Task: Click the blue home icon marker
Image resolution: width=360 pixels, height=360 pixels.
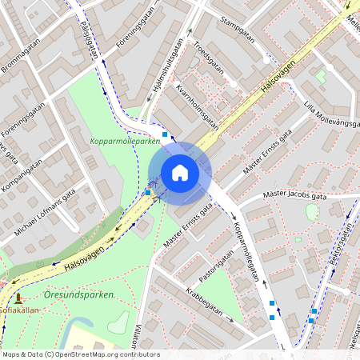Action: tap(180, 172)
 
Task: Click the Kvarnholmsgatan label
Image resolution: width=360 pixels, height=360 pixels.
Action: tap(197, 108)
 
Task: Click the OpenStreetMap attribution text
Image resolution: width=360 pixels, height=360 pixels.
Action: tap(81, 354)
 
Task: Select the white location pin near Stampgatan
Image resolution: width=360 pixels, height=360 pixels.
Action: tap(266, 58)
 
